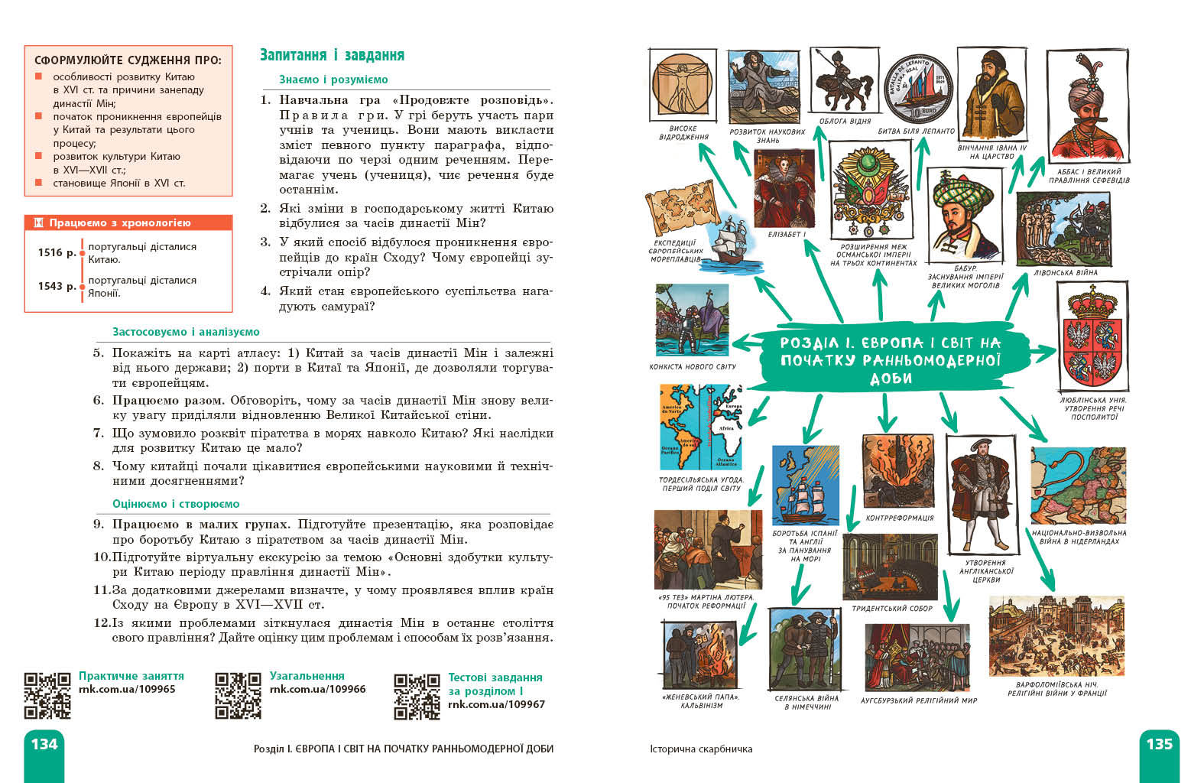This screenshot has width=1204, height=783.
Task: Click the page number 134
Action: (x=44, y=744)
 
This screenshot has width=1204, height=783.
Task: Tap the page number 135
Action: (x=1159, y=744)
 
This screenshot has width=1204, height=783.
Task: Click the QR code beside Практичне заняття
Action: (x=47, y=696)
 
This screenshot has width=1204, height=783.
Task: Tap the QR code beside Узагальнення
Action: (x=238, y=696)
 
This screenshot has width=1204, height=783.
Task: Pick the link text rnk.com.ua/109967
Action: (x=496, y=704)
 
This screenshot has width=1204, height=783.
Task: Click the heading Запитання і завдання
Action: (x=332, y=55)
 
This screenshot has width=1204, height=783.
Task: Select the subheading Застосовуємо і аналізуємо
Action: (x=186, y=332)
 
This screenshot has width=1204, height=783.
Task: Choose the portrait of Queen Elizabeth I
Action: (x=784, y=189)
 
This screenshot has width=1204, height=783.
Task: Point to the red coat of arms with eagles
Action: (x=1091, y=336)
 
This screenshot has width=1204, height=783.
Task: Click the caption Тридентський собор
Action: (x=892, y=609)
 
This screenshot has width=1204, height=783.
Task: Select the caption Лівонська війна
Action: (x=1065, y=272)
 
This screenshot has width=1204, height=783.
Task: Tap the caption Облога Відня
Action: (x=845, y=121)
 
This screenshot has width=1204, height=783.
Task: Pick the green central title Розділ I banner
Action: (x=890, y=360)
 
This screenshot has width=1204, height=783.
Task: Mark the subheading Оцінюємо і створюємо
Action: (x=176, y=504)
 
